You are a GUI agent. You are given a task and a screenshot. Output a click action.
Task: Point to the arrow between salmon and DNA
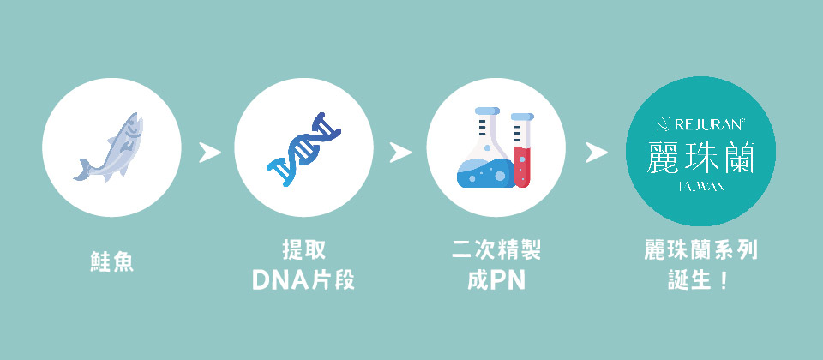[x=208, y=153]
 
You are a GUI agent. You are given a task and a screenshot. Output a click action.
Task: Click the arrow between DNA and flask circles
[x=400, y=153]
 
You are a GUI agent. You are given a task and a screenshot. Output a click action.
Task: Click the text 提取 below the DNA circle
[x=303, y=250]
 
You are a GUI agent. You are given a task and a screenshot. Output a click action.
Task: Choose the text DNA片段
[x=303, y=279]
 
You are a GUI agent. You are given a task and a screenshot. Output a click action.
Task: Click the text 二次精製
[x=496, y=250]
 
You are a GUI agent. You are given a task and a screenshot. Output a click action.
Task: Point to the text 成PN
[x=496, y=279]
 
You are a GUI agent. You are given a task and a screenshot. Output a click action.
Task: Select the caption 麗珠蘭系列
[x=701, y=250]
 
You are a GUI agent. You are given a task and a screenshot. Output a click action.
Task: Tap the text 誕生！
[x=701, y=279]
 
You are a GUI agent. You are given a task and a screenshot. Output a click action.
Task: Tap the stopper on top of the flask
[x=486, y=111]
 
